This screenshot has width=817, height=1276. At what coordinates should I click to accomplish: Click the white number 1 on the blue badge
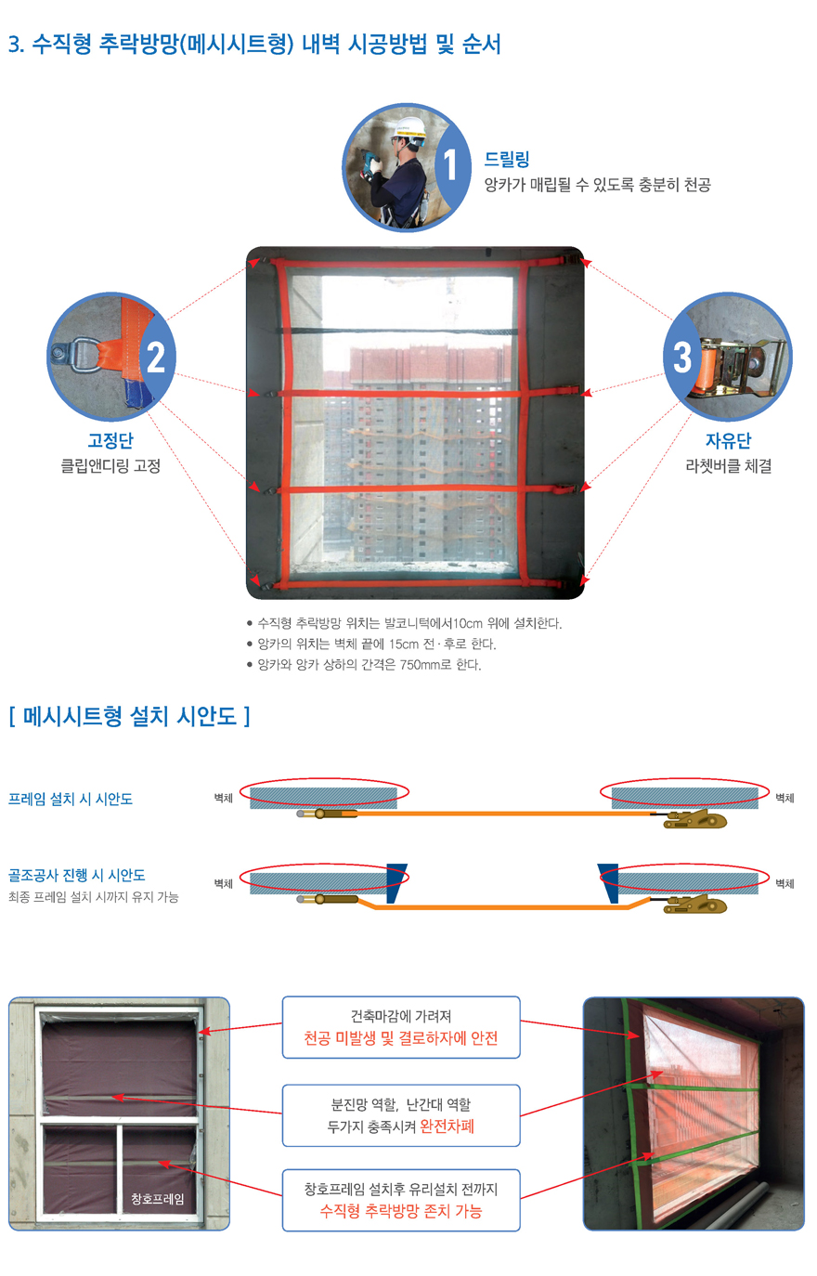pos(449,164)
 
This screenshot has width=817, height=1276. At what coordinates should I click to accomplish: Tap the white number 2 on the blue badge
pos(156,358)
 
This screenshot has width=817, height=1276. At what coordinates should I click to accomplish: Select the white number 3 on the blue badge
pos(682,358)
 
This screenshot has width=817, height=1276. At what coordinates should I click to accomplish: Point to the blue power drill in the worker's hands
pos(369,163)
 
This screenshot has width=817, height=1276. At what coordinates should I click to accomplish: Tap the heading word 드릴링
pos(507,159)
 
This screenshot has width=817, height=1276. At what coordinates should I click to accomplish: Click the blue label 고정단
pos(110,440)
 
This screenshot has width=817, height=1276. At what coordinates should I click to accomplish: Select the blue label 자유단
pos(728,440)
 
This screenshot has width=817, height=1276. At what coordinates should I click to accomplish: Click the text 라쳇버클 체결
pos(728,466)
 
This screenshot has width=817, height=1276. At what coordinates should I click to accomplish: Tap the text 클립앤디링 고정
pos(110,466)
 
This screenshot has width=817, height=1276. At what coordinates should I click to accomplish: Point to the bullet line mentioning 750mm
pos(364,665)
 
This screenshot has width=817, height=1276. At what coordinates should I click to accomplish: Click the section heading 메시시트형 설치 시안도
pos(130,716)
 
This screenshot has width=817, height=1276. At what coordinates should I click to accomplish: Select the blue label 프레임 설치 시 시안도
pos(70,799)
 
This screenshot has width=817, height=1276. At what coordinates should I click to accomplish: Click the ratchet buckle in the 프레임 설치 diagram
pos(694,819)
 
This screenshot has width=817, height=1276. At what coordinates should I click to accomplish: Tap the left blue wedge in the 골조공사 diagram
pos(396,883)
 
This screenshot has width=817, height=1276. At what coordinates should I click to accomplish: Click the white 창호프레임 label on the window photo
pos(158,1199)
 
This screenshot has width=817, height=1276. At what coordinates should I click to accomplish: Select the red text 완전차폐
pos(447,1126)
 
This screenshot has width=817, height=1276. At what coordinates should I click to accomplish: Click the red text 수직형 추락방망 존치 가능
pos(401,1211)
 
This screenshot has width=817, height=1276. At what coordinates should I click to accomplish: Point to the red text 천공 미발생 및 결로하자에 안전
pos(401,1038)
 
